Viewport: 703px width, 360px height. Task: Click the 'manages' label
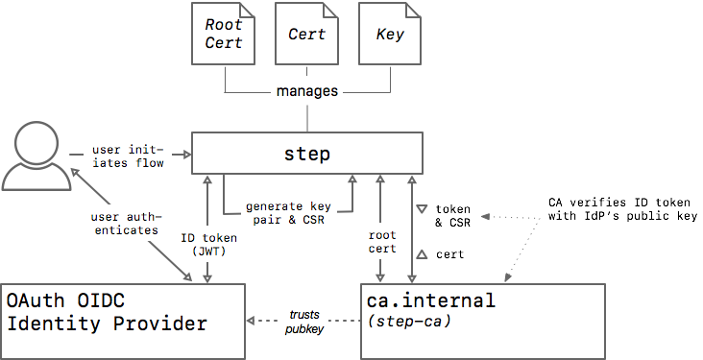coord(307,92)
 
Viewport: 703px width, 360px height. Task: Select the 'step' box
coord(307,154)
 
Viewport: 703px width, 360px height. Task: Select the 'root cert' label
coord(381,242)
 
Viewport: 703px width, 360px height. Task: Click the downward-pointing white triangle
coord(421,209)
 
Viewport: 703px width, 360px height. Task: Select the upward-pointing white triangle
coord(421,253)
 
